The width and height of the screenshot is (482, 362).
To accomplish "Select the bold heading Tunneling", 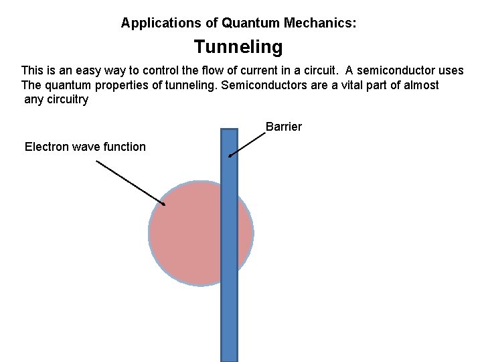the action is [238, 48].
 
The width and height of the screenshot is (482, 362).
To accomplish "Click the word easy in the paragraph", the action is [88, 70].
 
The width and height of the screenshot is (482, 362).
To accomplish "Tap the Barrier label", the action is [284, 126].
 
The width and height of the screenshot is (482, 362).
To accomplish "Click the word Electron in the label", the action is [46, 147].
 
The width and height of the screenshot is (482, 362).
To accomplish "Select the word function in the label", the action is [125, 147].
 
